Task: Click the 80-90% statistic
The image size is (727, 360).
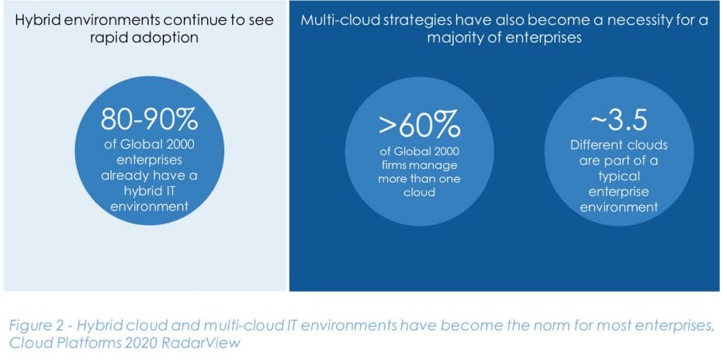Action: coord(149,120)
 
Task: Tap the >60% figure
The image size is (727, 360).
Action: coord(420,126)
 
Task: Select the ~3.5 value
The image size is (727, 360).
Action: coord(618,120)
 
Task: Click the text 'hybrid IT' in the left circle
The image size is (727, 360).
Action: coord(149,191)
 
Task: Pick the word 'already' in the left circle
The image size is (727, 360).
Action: coord(124,176)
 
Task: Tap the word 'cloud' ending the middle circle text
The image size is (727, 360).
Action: coord(420,192)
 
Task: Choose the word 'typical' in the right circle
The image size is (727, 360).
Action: coord(619,176)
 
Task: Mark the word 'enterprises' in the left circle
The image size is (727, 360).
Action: coord(149,161)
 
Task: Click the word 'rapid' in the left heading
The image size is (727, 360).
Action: coord(112,38)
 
